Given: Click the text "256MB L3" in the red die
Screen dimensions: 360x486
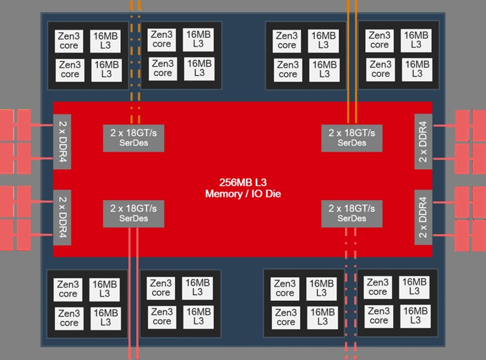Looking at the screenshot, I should (x=243, y=182).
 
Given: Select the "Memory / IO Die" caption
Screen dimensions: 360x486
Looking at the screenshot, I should (x=243, y=194).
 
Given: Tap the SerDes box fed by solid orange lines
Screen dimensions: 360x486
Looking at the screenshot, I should (x=351, y=137).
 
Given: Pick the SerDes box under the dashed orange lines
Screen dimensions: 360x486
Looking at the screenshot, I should (x=134, y=137).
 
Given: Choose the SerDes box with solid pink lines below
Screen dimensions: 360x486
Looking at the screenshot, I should (x=134, y=213).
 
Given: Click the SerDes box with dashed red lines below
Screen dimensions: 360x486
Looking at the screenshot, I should (x=351, y=213).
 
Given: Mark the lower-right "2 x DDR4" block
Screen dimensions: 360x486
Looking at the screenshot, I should (x=422, y=216).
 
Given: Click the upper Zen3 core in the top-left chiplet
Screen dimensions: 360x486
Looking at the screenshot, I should (x=69, y=40).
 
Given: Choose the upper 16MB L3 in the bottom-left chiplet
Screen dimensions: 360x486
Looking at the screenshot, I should (x=105, y=288).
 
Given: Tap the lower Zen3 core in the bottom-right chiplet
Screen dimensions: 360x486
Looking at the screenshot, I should (x=379, y=316).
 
